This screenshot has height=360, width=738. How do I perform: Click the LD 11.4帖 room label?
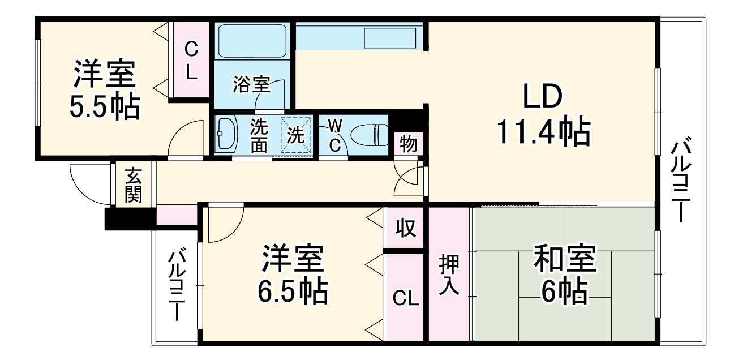[x=543, y=115]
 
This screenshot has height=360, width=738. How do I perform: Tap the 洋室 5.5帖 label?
[x=104, y=91]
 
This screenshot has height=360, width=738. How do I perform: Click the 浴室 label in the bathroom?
[x=251, y=85]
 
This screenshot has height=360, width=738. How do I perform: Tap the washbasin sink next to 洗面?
[x=228, y=134]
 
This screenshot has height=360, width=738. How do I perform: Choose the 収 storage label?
[x=405, y=228]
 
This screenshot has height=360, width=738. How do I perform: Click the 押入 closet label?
[x=450, y=275]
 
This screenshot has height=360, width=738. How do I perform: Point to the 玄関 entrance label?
[x=134, y=185]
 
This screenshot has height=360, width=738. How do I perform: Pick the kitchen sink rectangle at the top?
[x=391, y=38]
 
